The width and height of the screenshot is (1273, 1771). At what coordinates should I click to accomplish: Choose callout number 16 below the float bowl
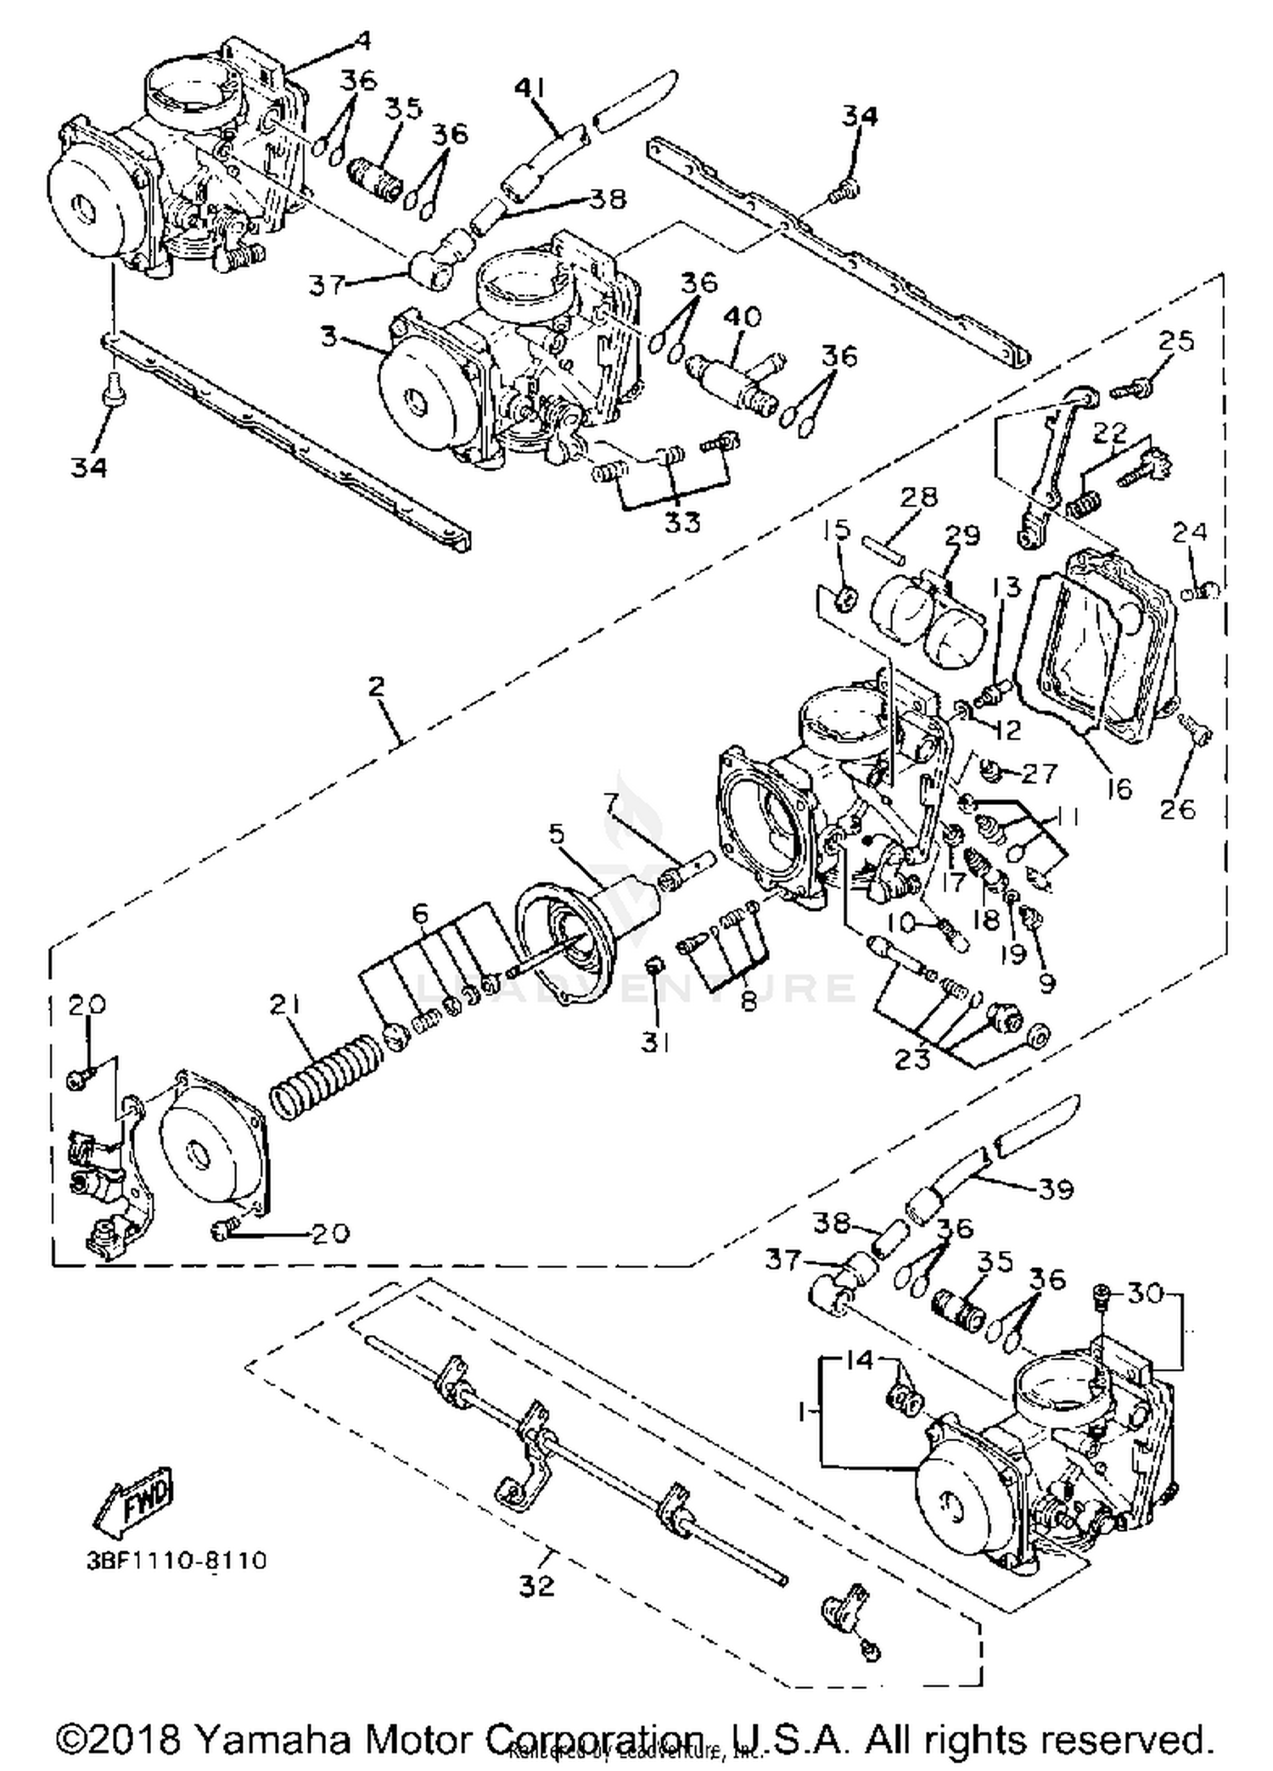coord(1120,789)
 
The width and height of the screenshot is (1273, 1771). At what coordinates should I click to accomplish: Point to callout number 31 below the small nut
coord(655,1042)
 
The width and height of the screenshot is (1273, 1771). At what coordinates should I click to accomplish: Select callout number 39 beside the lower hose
coord(1056,1189)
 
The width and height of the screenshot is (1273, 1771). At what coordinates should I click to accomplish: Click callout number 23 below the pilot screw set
coord(912,1059)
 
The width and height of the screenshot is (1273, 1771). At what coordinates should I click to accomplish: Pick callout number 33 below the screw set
coord(682,522)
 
